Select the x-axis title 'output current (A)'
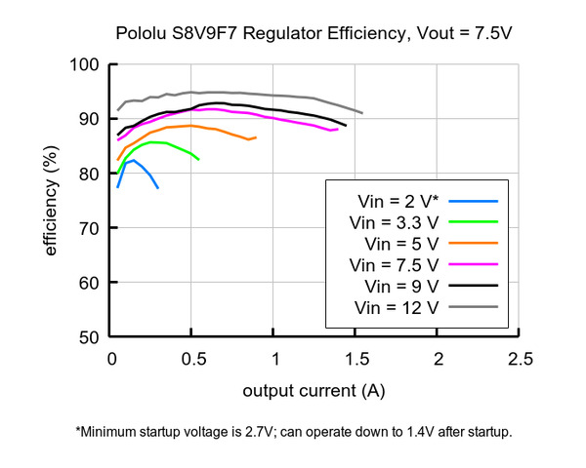(314, 392)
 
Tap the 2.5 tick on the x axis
(520, 359)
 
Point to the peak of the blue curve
(134, 161)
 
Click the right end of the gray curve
(362, 113)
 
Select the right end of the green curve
(199, 159)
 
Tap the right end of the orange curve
(256, 137)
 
